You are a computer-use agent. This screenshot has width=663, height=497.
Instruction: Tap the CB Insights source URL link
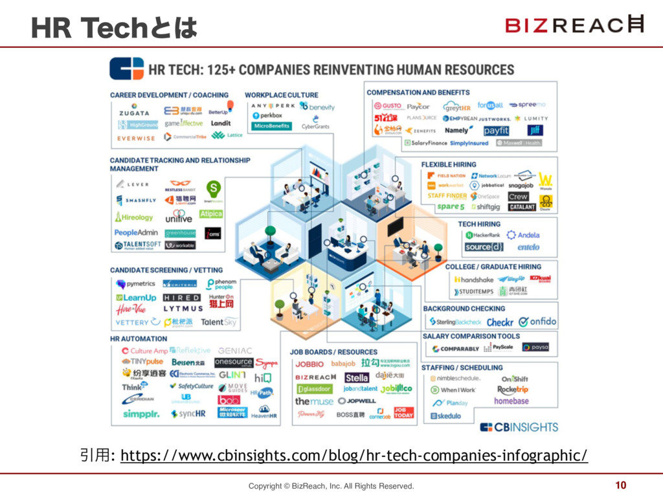click(x=354, y=456)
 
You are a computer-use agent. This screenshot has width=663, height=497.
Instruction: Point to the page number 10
click(x=620, y=485)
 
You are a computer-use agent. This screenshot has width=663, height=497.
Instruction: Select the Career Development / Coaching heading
click(x=169, y=95)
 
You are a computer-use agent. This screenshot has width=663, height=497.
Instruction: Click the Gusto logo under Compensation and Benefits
click(x=385, y=106)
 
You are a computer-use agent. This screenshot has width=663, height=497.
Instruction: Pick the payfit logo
click(x=496, y=131)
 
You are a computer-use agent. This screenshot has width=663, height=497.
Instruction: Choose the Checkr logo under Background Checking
click(x=500, y=322)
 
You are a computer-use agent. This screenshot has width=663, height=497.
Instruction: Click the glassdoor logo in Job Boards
click(x=314, y=389)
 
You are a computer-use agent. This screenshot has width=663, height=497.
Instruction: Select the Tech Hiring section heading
click(x=479, y=224)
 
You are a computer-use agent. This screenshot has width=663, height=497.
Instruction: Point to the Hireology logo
click(x=134, y=217)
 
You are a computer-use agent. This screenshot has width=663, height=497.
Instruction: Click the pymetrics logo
click(x=136, y=283)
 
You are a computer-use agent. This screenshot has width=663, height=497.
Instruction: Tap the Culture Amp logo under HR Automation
click(x=145, y=351)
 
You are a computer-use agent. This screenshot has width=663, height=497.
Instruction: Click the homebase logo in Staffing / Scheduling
click(x=511, y=401)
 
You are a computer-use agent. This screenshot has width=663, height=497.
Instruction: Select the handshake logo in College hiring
click(x=474, y=280)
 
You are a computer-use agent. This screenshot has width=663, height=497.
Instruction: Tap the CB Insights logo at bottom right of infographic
click(x=519, y=427)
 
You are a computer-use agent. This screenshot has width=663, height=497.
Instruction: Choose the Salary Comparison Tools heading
click(x=471, y=337)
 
